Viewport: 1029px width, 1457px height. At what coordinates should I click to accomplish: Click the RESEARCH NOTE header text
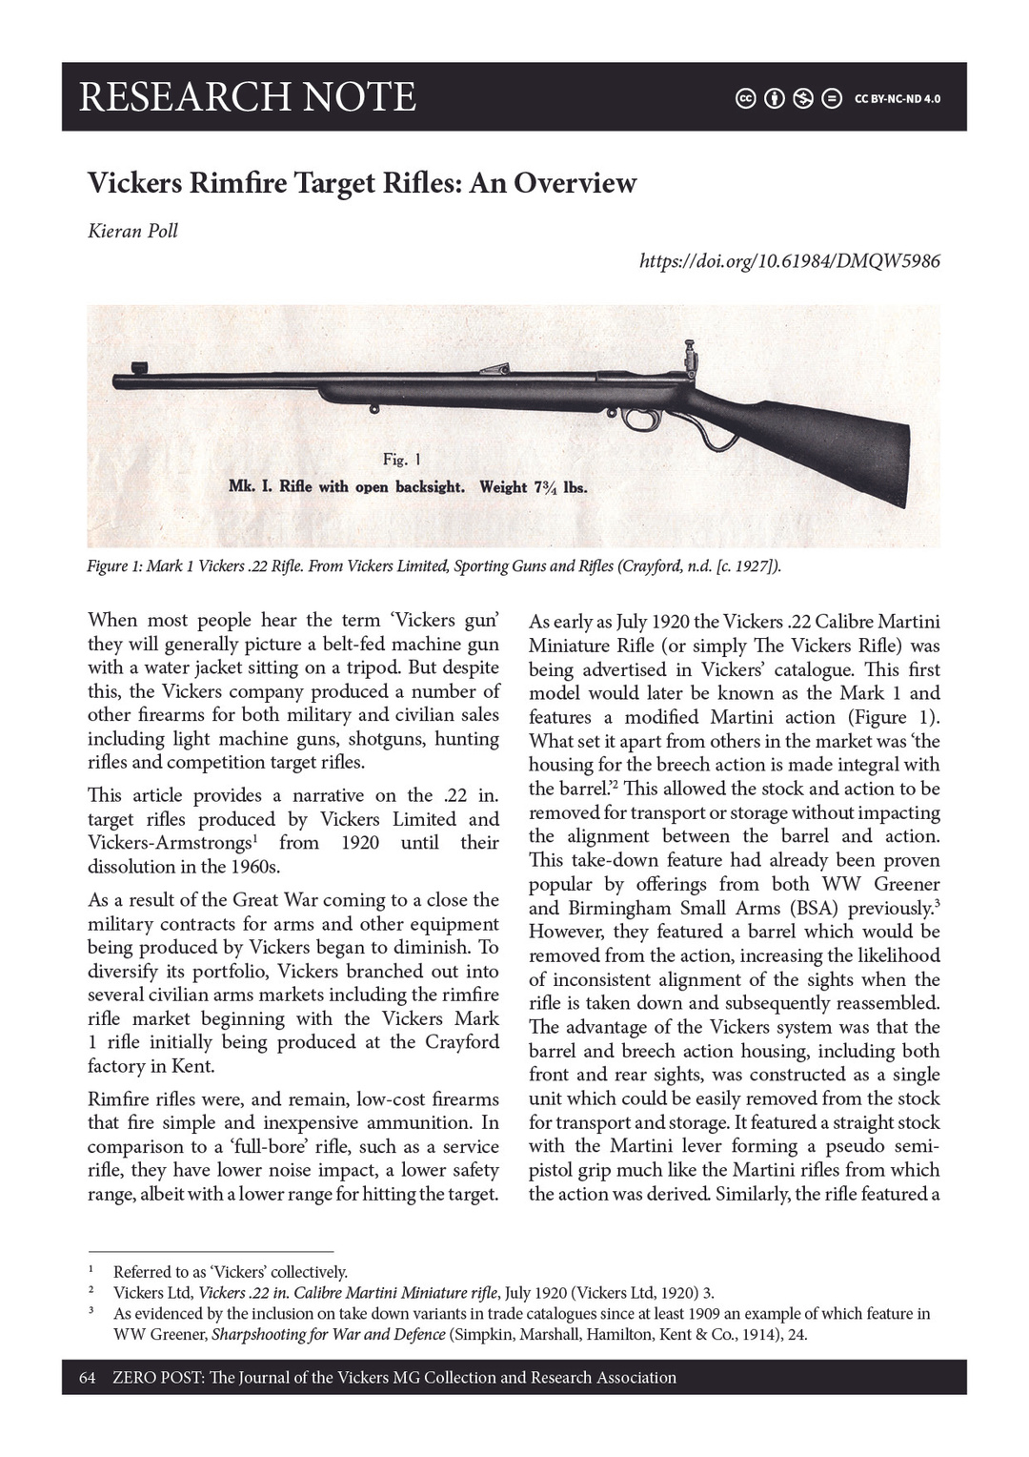pyautogui.click(x=248, y=97)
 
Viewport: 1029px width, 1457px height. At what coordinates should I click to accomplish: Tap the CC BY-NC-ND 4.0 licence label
pyautogui.click(x=897, y=99)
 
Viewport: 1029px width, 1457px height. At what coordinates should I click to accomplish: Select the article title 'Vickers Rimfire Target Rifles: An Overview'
pyautogui.click(x=362, y=182)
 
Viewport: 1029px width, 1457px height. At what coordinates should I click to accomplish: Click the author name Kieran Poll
pyautogui.click(x=132, y=231)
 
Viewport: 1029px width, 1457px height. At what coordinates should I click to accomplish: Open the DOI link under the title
pyautogui.click(x=790, y=260)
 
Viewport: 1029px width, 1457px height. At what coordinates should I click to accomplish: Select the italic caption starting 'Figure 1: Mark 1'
pyautogui.click(x=434, y=566)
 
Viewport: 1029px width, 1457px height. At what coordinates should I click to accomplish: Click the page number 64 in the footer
pyautogui.click(x=88, y=1377)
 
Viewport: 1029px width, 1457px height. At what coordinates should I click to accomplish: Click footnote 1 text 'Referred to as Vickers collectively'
pyautogui.click(x=230, y=1271)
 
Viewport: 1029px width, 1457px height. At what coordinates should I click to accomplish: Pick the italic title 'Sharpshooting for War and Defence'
pyautogui.click(x=328, y=1334)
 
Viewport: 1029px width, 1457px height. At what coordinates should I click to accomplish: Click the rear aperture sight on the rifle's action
pyautogui.click(x=691, y=360)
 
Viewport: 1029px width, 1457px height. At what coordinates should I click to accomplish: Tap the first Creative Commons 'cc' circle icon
pyautogui.click(x=745, y=98)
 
